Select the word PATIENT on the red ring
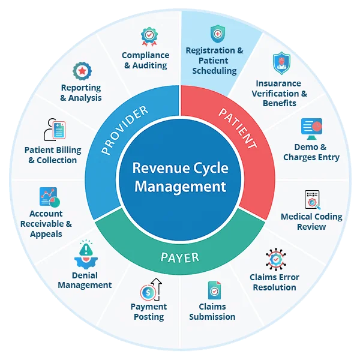tap(238, 128)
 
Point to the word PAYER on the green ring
tap(179, 258)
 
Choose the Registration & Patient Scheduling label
tap(214, 61)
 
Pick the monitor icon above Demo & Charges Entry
tap(312, 128)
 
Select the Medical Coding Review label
tap(311, 221)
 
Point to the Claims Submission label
tap(212, 311)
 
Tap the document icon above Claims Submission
tap(214, 290)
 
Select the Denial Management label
tap(85, 280)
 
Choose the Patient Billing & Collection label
tap(53, 155)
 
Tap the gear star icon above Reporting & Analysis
tap(82, 72)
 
